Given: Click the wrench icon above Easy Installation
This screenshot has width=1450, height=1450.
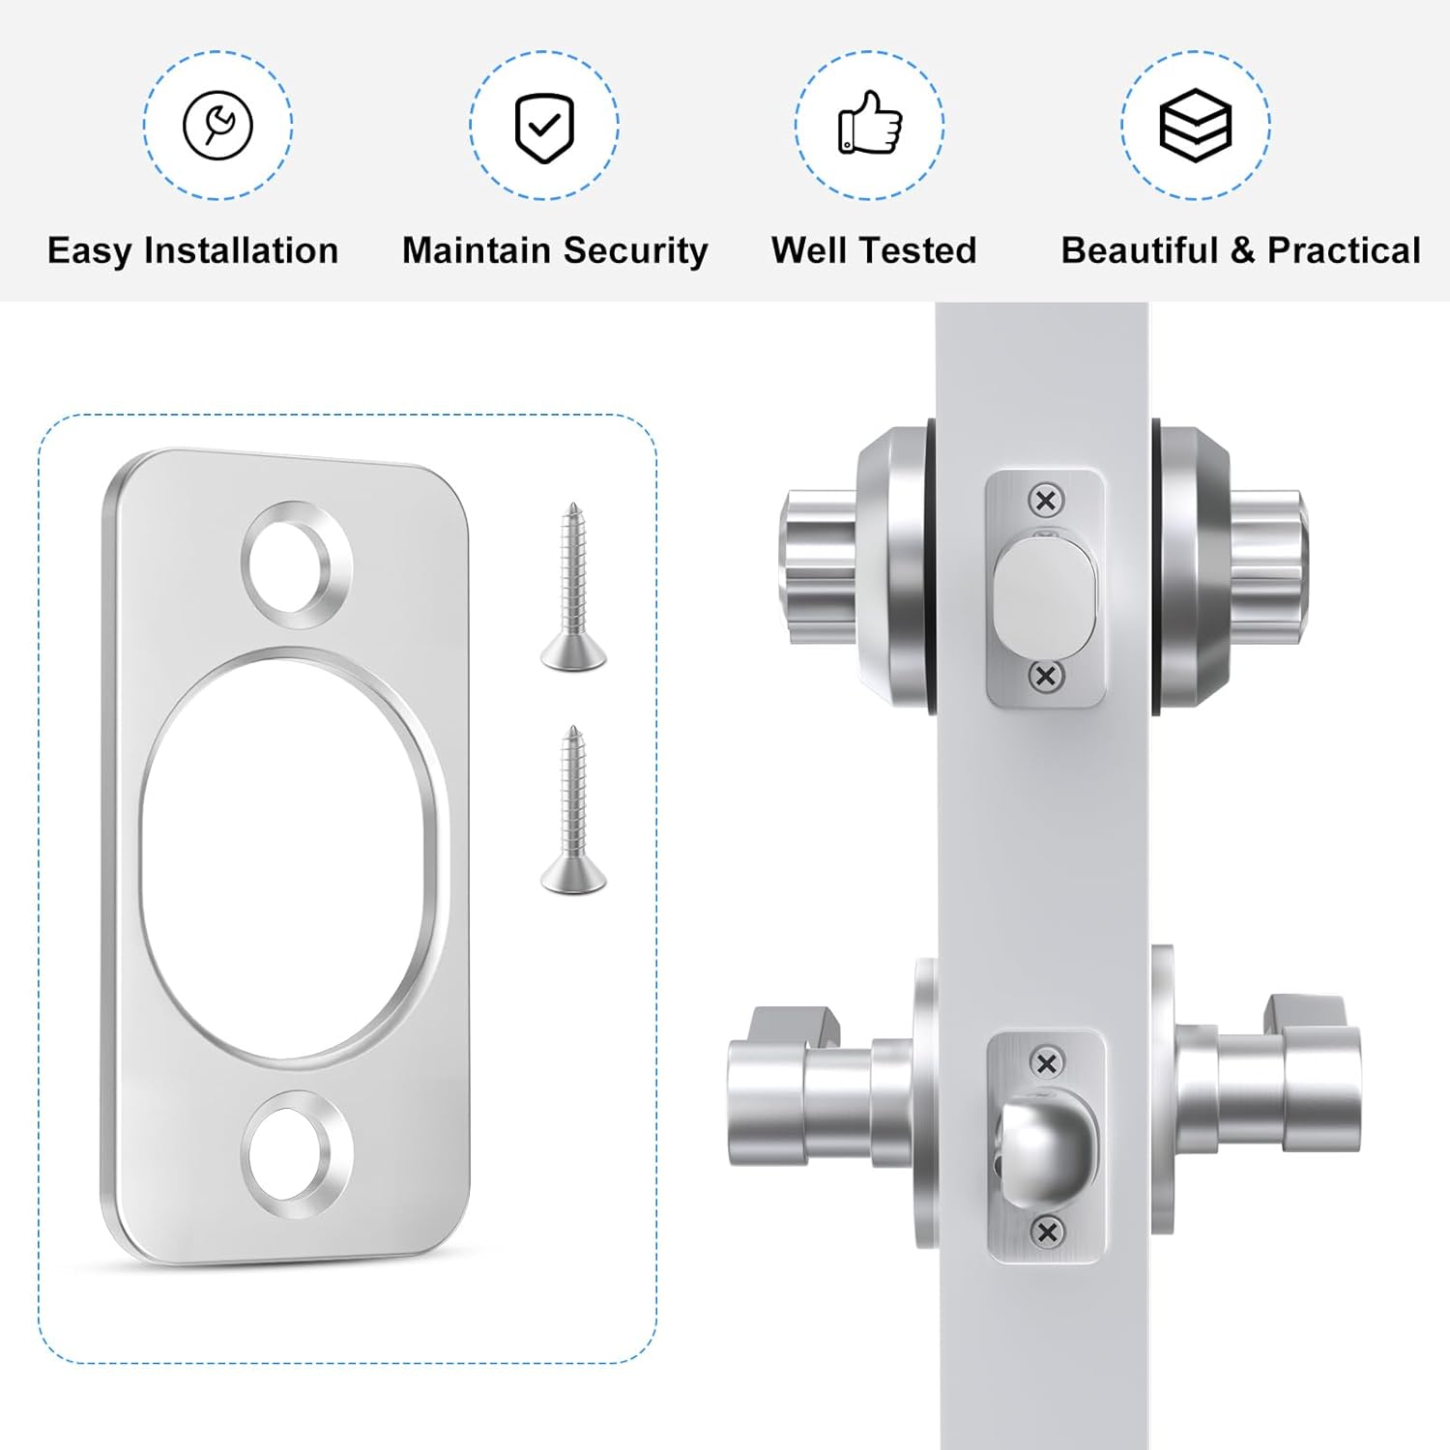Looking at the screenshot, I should pyautogui.click(x=217, y=126).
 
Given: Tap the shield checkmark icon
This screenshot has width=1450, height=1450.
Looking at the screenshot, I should pyautogui.click(x=544, y=127).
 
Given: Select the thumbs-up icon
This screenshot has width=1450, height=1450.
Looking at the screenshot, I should pyautogui.click(x=870, y=123).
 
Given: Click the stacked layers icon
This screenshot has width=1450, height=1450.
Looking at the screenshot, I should pyautogui.click(x=1195, y=126).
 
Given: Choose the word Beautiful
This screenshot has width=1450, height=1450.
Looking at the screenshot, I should pyautogui.click(x=1139, y=251).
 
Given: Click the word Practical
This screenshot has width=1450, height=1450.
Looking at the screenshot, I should pyautogui.click(x=1343, y=251).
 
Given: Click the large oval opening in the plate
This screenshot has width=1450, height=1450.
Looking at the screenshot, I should pyautogui.click(x=290, y=855).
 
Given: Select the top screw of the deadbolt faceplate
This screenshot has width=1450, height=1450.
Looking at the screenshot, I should pyautogui.click(x=1045, y=501).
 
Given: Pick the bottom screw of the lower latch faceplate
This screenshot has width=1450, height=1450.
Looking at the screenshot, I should pyautogui.click(x=1046, y=1232).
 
